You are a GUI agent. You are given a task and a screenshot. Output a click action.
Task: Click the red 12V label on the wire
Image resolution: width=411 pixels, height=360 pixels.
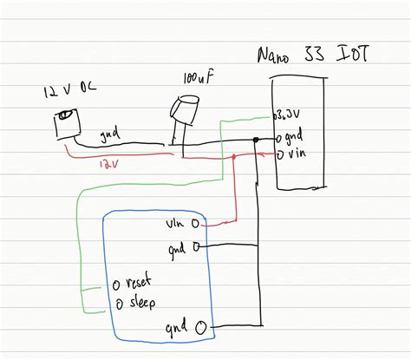(x=108, y=162)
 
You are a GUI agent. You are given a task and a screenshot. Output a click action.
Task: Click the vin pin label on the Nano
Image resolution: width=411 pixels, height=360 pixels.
(x=296, y=154)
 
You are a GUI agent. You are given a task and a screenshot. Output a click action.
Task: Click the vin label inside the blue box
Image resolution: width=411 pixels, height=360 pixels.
(x=175, y=224)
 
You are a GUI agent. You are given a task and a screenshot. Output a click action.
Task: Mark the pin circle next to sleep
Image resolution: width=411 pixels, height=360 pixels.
(x=117, y=303)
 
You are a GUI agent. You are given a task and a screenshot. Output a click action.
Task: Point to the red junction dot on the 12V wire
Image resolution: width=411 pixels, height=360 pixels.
(x=236, y=158)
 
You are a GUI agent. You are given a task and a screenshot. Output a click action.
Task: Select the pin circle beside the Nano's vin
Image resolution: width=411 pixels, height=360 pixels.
(x=278, y=155)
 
